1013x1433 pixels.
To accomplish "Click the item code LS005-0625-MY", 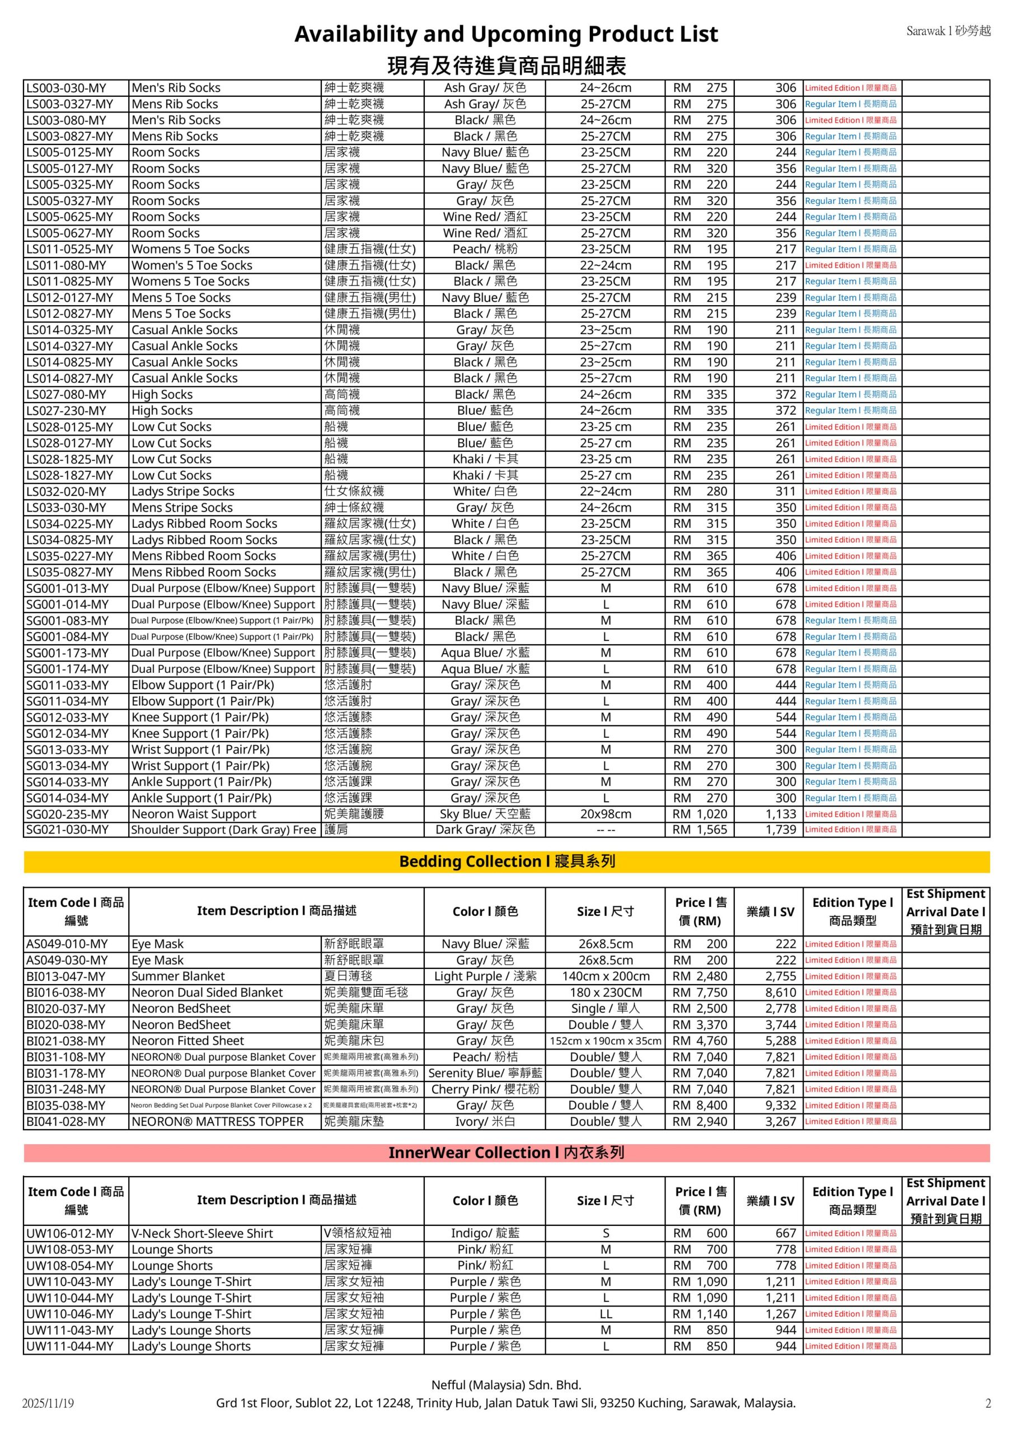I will tap(69, 217).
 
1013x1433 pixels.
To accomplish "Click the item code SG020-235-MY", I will tap(67, 814).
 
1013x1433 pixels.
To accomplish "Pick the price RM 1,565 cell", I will tap(700, 830).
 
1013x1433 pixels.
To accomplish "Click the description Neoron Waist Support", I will tap(194, 814).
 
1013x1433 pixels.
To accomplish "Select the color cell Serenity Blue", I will tap(485, 1073).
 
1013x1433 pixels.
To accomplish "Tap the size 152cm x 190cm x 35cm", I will tap(605, 1041).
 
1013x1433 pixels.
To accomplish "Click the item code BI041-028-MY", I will tap(67, 1122).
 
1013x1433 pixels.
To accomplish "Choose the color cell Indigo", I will tap(485, 1233).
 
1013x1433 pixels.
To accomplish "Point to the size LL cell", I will tap(606, 1314).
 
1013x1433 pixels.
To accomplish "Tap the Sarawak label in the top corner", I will tap(948, 31).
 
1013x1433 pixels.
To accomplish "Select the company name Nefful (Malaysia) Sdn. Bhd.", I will tap(506, 1385).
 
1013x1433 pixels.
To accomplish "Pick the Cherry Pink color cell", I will tap(485, 1089).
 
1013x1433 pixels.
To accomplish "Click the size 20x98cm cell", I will tap(606, 814).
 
